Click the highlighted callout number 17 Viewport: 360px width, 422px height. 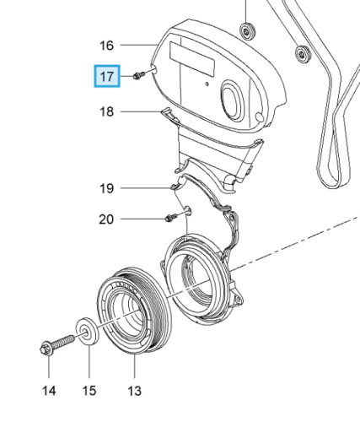107,76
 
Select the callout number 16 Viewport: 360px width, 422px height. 106,46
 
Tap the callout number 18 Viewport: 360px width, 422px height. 106,111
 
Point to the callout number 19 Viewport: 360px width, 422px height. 106,188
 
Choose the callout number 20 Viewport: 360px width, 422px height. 106,219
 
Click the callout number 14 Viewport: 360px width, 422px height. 49,391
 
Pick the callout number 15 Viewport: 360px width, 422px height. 89,391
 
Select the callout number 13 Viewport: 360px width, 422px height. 134,391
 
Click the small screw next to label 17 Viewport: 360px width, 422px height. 139,75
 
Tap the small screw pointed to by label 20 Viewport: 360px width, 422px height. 171,218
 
